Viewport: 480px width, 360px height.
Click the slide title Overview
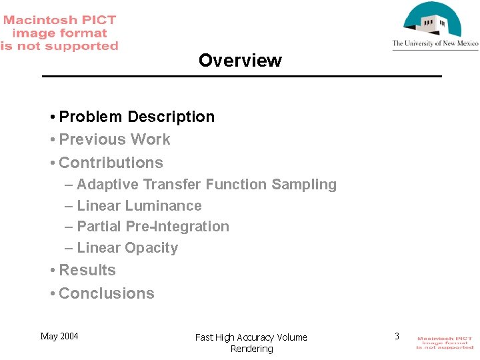[240, 61]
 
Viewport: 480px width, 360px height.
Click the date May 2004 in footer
[59, 336]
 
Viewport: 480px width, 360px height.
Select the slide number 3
[397, 336]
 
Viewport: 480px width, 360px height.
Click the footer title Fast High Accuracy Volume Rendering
[251, 343]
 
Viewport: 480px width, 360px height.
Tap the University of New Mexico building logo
[433, 20]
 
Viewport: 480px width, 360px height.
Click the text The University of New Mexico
[435, 44]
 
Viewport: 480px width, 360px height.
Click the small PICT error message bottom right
[445, 343]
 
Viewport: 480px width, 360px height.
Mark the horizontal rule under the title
[241, 77]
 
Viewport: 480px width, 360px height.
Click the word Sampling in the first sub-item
[307, 185]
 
